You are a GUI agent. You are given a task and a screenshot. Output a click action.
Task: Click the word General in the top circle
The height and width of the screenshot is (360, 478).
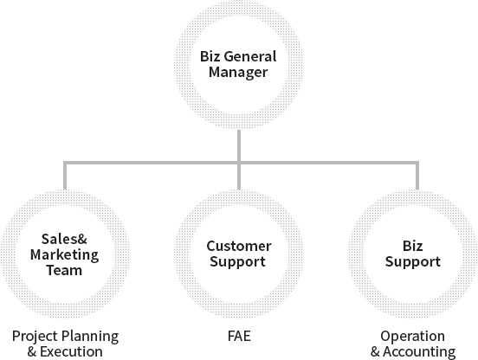251,56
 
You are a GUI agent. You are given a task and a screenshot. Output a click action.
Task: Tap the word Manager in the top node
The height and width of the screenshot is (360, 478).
238,73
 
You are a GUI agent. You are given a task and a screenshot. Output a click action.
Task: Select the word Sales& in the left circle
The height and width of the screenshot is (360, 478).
64,239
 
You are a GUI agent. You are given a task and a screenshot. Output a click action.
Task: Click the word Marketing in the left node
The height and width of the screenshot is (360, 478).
64,255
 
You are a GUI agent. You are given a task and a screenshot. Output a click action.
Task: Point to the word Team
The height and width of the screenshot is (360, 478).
64,271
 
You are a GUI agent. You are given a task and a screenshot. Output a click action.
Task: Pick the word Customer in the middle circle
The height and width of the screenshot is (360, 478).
239,246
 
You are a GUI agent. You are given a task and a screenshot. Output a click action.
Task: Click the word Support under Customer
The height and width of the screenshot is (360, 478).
238,262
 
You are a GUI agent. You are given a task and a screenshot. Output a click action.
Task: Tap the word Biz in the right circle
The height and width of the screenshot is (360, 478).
412,246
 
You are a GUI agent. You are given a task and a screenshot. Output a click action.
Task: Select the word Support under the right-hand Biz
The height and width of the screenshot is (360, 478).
413,262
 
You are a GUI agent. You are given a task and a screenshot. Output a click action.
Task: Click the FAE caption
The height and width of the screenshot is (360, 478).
239,337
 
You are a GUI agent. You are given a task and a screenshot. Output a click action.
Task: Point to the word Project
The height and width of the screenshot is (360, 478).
34,337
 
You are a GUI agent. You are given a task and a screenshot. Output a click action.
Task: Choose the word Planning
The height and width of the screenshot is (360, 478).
89,337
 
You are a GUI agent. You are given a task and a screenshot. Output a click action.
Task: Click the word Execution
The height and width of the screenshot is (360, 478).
71,351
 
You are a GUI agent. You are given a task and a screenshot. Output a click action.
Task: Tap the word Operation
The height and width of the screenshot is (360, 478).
412,337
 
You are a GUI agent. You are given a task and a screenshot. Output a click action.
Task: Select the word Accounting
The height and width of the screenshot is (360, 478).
419,352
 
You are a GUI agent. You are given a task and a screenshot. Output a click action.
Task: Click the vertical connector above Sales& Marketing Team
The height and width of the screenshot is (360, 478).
65,176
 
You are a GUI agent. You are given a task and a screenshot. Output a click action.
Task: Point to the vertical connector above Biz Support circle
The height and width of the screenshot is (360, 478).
417,176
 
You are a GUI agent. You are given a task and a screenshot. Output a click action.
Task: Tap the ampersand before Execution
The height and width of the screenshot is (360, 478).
32,351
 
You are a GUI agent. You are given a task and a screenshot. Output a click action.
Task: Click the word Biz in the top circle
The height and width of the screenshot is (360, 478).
210,56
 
